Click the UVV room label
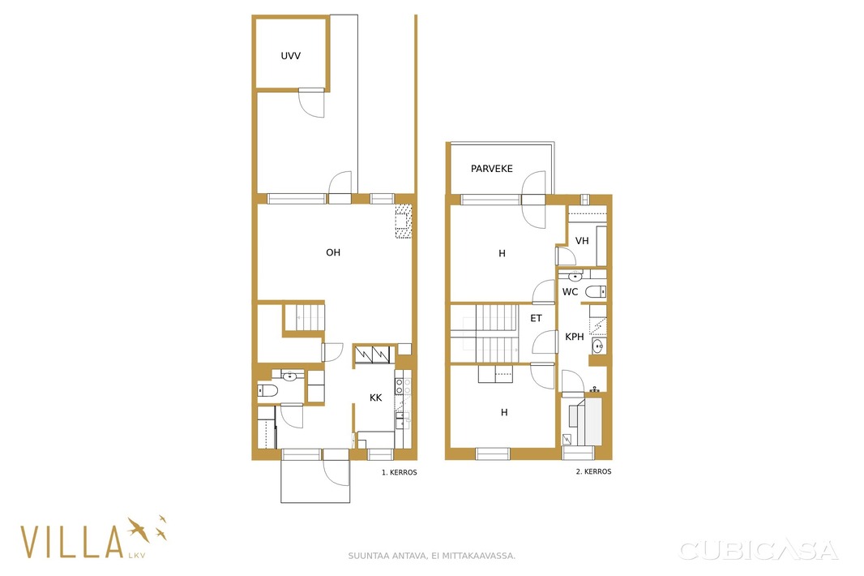coord(290,56)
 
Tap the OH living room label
coord(333,252)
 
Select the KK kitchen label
coord(376,398)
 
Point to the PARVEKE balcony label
coord(491,169)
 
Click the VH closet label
coord(582,241)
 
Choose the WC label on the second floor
coord(570,292)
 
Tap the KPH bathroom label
coord(574,337)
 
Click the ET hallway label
coord(536,318)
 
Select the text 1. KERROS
coord(400,473)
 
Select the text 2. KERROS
coord(593,471)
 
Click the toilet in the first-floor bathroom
coord(267,391)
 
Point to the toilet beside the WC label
coord(596,291)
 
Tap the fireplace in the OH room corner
coord(404,221)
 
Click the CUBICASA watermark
coord(758,550)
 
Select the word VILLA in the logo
coord(71,542)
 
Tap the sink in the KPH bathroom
coord(598,346)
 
